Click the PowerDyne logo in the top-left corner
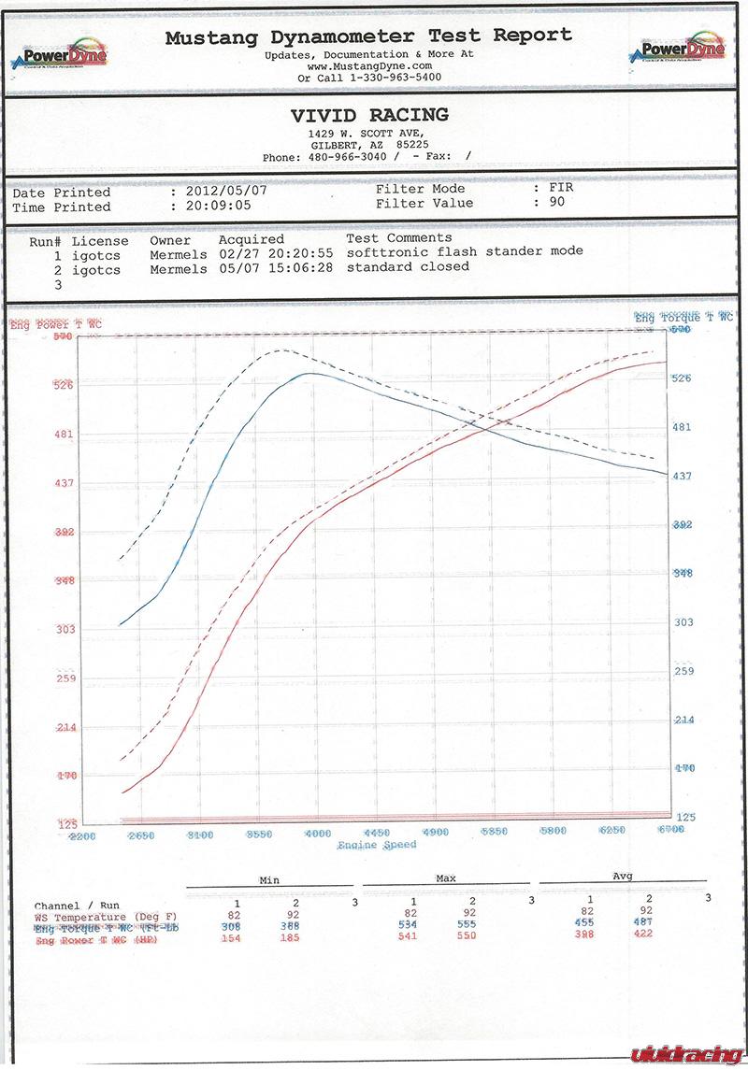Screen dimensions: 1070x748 click(58, 52)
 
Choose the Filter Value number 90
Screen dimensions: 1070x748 click(556, 203)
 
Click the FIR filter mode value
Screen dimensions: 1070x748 click(561, 189)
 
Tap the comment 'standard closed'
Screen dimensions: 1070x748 click(408, 266)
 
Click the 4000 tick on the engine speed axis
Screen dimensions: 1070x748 click(318, 833)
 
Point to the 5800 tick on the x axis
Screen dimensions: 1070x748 click(553, 832)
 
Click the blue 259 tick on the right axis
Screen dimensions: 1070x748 click(684, 671)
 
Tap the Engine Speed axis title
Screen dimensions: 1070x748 click(377, 845)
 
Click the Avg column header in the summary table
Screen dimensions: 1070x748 click(622, 876)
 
